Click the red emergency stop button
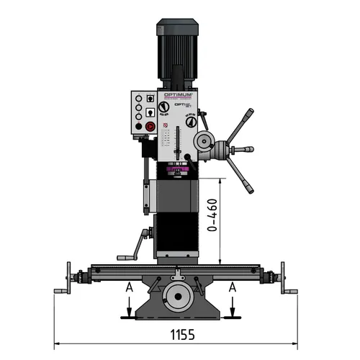[x=150, y=127]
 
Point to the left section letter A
[x=130, y=287]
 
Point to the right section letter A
[x=232, y=287]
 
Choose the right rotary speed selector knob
[x=191, y=122]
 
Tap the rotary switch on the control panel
[x=150, y=112]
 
